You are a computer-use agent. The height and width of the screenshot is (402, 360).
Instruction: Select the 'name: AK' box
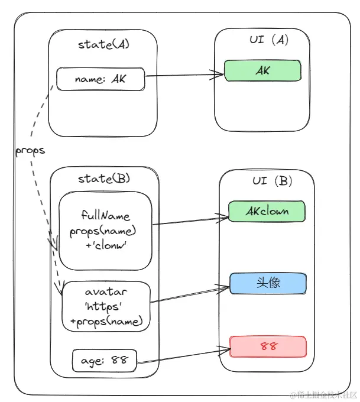[100, 79]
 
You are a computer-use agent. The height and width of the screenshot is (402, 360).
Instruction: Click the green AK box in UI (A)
[262, 71]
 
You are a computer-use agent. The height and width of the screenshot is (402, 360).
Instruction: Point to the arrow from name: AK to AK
[183, 76]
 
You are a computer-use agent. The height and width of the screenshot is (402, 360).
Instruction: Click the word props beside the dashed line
[30, 150]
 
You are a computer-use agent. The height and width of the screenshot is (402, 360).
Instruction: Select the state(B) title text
[104, 178]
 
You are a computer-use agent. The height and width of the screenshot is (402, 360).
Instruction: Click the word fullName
[105, 216]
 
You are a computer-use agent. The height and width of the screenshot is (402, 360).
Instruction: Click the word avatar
[106, 292]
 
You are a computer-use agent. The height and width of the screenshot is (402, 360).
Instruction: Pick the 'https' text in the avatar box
[106, 307]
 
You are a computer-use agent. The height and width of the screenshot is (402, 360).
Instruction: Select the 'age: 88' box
[104, 359]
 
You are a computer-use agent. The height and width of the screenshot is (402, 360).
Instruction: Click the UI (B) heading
[266, 181]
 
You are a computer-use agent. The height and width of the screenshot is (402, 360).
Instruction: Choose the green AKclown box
[267, 210]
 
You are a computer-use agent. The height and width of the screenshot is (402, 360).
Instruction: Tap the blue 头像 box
[267, 283]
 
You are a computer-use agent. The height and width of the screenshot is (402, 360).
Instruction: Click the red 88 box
[267, 346]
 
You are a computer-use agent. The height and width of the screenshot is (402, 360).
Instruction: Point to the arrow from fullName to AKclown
[189, 221]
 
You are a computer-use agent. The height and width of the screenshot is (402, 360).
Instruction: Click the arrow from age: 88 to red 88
[183, 356]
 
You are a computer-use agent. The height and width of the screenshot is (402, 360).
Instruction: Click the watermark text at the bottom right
[322, 394]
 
